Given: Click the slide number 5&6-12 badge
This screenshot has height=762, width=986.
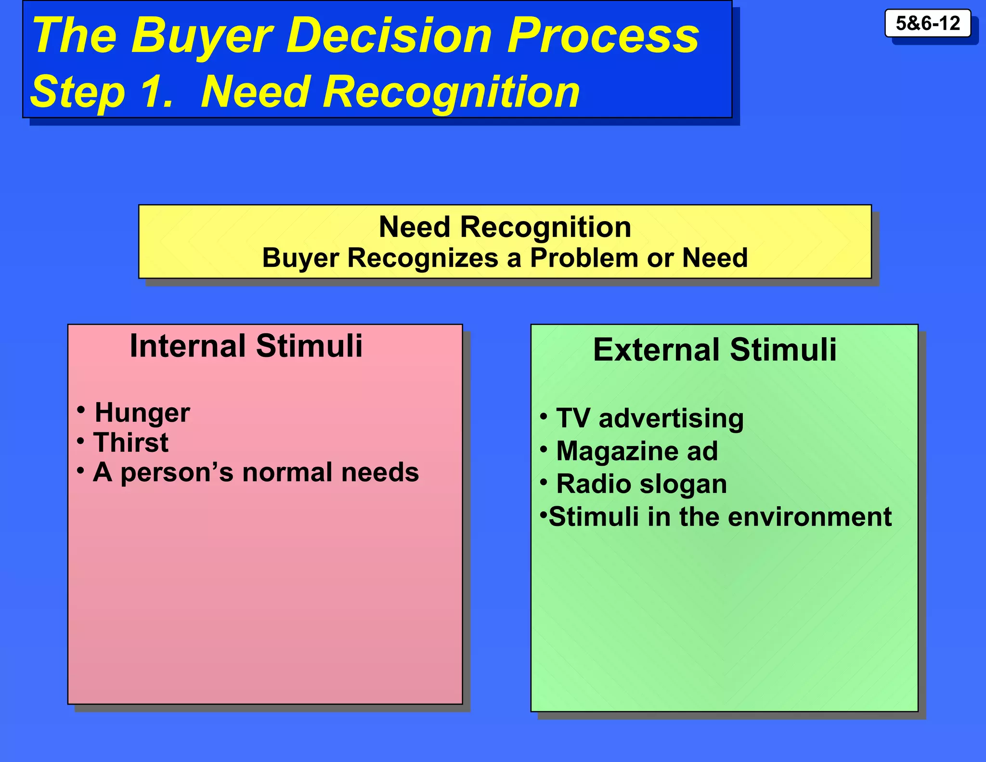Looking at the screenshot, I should (x=927, y=23).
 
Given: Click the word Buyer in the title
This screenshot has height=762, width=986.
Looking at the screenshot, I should (x=202, y=36).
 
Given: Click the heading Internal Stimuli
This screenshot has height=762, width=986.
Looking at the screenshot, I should (x=246, y=346).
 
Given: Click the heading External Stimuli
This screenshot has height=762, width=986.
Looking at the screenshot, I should (x=714, y=350).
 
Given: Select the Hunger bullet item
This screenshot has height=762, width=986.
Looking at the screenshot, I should (x=142, y=413).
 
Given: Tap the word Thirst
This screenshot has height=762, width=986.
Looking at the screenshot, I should (x=131, y=442).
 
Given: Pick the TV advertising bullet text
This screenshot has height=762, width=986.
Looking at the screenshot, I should (x=650, y=418).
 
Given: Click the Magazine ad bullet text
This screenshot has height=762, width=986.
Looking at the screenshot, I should (x=636, y=451).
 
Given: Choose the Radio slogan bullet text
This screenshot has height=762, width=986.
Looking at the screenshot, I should (x=641, y=484).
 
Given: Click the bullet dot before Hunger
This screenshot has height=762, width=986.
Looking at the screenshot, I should (x=81, y=410).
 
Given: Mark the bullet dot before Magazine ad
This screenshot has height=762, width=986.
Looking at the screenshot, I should (x=544, y=449).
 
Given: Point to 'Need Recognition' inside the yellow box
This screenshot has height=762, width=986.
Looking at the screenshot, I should (x=505, y=227).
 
